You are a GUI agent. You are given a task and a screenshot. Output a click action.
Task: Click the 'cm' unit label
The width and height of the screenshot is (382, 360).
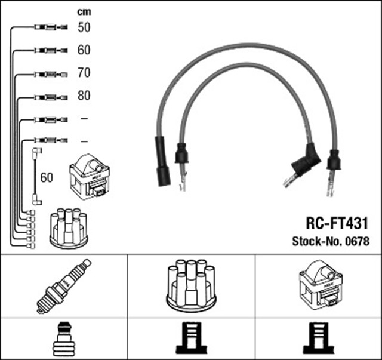(x=84, y=11)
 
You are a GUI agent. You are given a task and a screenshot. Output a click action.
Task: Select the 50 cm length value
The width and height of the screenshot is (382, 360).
(x=84, y=27)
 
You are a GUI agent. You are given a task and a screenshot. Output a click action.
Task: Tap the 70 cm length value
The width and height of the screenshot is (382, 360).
(x=84, y=73)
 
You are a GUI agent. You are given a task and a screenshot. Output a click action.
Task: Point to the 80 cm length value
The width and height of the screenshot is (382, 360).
(x=84, y=96)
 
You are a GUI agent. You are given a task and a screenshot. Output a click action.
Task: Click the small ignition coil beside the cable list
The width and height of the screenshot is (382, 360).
(x=90, y=177)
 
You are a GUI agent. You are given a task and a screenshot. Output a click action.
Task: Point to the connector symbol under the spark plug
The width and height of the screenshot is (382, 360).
(x=64, y=339)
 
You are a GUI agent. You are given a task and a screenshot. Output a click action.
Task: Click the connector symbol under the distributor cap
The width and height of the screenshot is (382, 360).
(x=191, y=339)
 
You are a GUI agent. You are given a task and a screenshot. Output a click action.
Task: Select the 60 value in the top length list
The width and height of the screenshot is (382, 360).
(x=84, y=50)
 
